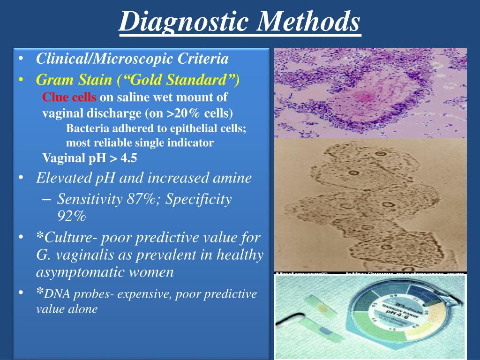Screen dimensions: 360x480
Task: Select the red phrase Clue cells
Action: click(69, 97)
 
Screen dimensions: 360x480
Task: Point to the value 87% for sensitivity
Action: click(139, 199)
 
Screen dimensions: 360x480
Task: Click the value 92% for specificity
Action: click(72, 216)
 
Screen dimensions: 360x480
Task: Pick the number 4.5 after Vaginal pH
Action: click(128, 158)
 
